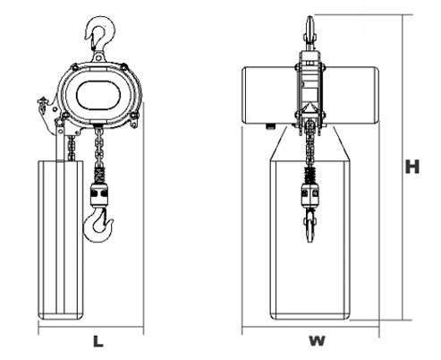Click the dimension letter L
pos(98,341)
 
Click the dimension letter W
pos(317,341)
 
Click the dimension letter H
pos(412,167)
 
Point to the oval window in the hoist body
pos(98,95)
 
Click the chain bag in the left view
pos(61,240)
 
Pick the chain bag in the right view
pos(310,240)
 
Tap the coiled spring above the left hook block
pos(99,176)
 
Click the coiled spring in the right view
pos(310,176)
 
